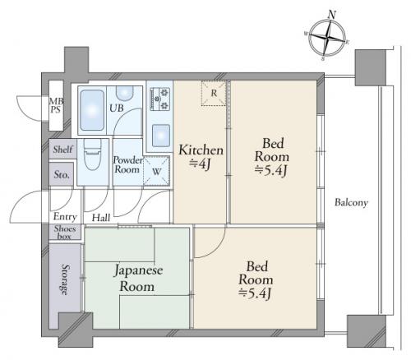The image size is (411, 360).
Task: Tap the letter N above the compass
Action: pyautogui.click(x=332, y=14)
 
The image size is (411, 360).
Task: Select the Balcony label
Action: pyautogui.click(x=351, y=202)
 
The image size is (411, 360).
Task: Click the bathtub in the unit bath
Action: pyautogui.click(x=91, y=109)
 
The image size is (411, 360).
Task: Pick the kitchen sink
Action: pyautogui.click(x=160, y=135)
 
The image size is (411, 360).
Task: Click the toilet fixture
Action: pyautogui.click(x=92, y=157)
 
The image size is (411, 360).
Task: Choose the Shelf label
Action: pyautogui.click(x=62, y=150)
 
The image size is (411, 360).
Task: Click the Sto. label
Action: pyautogui.click(x=62, y=175)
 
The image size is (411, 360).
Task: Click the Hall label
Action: pyautogui.click(x=101, y=218)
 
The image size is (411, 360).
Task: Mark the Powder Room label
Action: pyautogui.click(x=128, y=164)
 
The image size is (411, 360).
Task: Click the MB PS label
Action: pyautogui.click(x=55, y=101)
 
